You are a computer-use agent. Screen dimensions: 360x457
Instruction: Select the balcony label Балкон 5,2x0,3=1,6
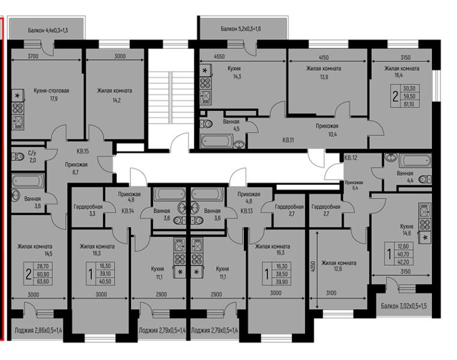point(241,28)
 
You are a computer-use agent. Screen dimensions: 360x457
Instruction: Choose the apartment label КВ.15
point(82,151)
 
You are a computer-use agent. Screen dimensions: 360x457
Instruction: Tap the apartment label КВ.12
point(351,158)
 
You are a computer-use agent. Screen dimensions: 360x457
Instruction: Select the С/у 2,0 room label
point(32,157)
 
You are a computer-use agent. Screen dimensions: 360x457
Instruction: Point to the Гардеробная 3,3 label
point(88,209)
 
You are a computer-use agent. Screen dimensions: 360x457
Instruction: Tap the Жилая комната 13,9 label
point(324,73)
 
